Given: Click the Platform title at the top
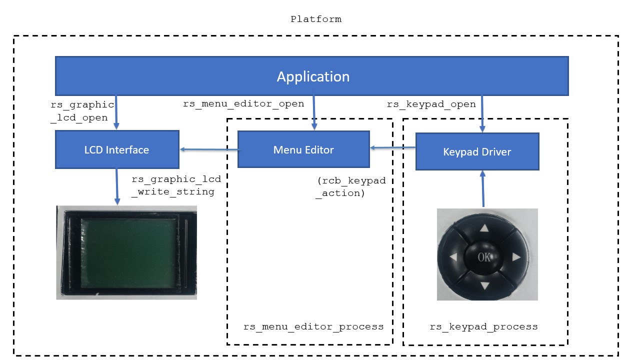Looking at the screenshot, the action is [x=315, y=19].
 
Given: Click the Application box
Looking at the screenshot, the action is [x=311, y=76].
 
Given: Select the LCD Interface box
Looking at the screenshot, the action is [x=117, y=149].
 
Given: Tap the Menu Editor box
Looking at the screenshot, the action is [x=303, y=149].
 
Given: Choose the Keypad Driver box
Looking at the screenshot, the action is [x=477, y=151].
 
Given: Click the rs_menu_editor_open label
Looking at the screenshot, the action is [x=243, y=103].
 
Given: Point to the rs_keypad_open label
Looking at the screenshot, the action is [x=431, y=104].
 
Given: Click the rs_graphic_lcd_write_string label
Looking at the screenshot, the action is [x=176, y=185].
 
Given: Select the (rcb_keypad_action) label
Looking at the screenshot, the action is [x=351, y=187].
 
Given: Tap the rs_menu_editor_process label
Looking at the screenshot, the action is [x=313, y=326].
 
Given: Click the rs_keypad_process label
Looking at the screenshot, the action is [x=483, y=326].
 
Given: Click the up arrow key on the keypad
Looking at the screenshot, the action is [x=484, y=228].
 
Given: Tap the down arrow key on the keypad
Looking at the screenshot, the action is [x=485, y=285].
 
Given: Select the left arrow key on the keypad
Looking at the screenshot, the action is [x=453, y=257].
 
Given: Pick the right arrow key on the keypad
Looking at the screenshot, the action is [x=516, y=257].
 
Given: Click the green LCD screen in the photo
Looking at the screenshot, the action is [x=128, y=253].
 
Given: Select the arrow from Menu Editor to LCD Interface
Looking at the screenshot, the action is [x=209, y=149].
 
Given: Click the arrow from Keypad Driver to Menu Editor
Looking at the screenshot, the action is [x=392, y=147].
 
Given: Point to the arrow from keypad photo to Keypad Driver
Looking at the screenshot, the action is [x=483, y=188].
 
